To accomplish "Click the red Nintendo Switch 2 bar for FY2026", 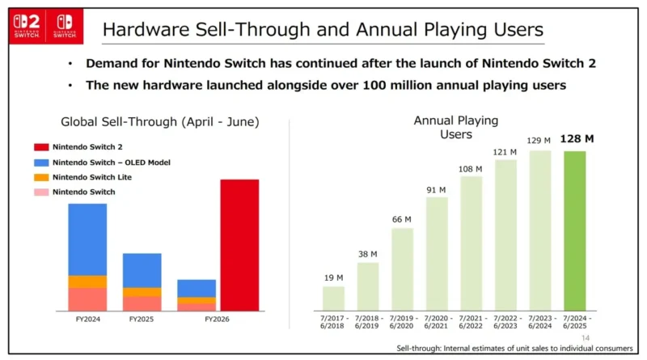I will pos(239,245).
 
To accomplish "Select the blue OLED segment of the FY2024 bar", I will pos(87,239).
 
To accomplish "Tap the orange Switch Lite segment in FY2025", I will pos(142,292).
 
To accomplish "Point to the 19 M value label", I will pos(333,278).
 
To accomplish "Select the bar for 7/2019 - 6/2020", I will pos(402,269).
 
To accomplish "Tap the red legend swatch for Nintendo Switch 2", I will pos(42,147).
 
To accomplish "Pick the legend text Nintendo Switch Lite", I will pos(91,177).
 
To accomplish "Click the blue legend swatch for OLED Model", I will pos(42,163).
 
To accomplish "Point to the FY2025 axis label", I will pos(142,320).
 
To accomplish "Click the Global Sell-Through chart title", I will pos(160,122).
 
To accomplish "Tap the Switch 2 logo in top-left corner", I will pos(27,25).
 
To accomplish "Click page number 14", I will pos(586,338).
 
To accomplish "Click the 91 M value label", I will pos(437,190).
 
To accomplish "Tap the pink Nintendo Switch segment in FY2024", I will pos(87,299).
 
